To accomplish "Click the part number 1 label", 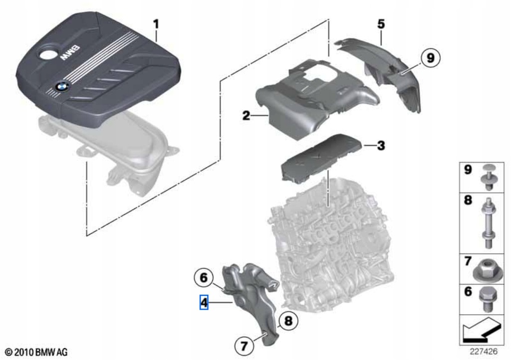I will [156, 23].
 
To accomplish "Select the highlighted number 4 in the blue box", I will [204, 302].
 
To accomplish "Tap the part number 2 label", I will [246, 116].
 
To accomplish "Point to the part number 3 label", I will [381, 146].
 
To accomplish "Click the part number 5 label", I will [381, 23].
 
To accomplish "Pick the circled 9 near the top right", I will [430, 58].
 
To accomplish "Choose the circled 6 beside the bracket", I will [203, 277].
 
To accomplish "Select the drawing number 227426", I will [482, 350].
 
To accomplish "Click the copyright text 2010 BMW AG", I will [35, 352].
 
